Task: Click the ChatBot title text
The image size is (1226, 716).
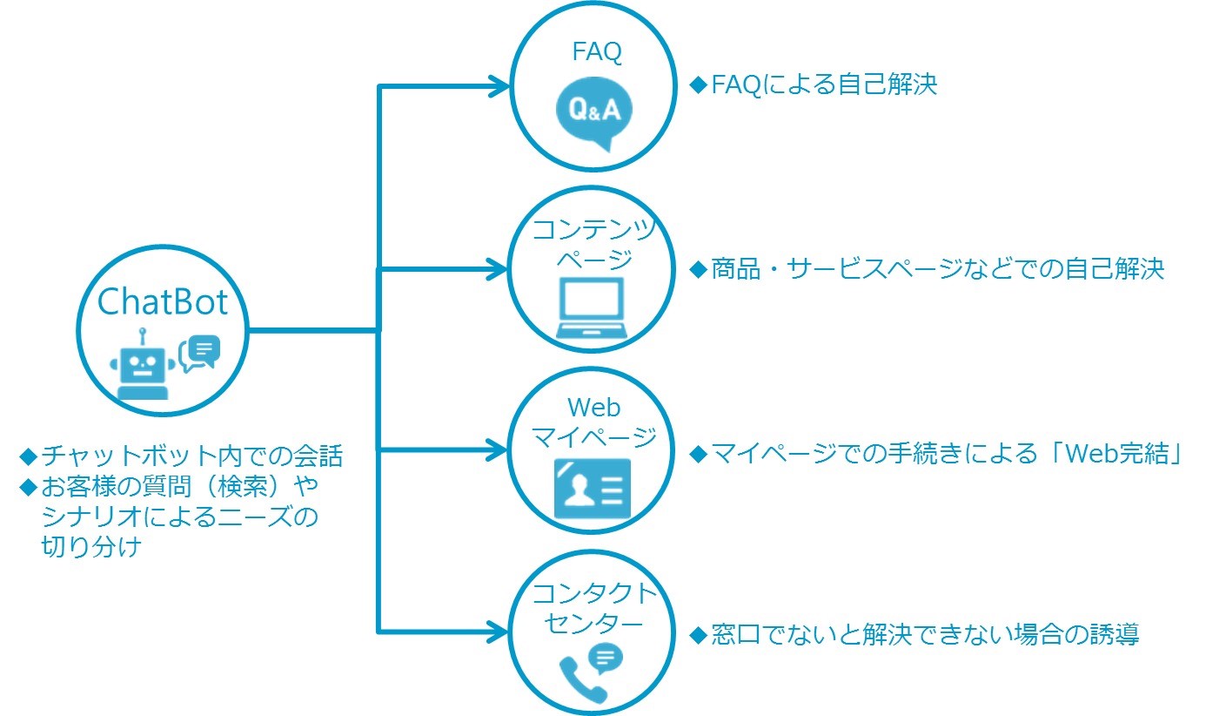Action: [163, 302]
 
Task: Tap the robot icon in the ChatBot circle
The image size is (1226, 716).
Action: [143, 364]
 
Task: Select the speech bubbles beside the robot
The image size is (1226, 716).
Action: [200, 354]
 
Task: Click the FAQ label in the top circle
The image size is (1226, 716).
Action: [597, 52]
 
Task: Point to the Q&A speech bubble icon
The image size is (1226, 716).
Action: [594, 113]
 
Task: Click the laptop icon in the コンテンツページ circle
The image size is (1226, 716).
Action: [592, 307]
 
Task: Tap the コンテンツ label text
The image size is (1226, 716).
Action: [594, 229]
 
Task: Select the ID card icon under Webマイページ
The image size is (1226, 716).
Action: [593, 489]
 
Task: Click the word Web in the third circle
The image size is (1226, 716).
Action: [593, 408]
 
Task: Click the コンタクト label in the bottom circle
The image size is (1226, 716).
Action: [594, 593]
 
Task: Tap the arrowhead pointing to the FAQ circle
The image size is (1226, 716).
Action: [499, 86]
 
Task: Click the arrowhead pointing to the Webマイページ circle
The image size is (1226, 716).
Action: [497, 449]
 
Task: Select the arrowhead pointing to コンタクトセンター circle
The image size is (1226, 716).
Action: [498, 632]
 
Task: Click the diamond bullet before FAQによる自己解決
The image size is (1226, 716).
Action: [699, 84]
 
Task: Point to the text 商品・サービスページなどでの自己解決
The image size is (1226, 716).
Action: [938, 269]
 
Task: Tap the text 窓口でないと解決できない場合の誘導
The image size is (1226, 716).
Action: [925, 635]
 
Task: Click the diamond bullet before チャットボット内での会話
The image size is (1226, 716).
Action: [28, 456]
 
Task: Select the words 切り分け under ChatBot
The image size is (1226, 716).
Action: [91, 546]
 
